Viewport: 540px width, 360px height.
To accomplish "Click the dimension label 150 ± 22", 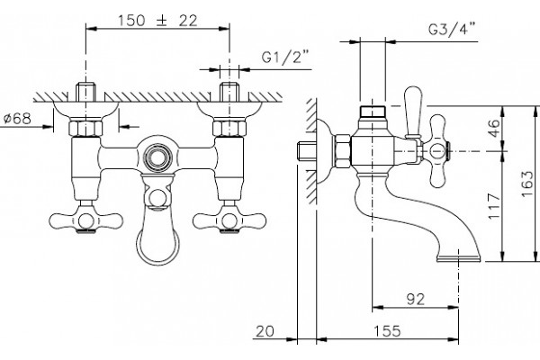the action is (157, 21).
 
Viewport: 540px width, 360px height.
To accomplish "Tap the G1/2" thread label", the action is (285, 58).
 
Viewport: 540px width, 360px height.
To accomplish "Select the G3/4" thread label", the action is (452, 29).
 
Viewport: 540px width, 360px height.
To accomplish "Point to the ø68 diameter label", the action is (18, 119).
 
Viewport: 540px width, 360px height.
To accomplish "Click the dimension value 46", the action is (494, 128).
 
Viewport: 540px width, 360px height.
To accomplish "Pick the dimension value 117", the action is (494, 206).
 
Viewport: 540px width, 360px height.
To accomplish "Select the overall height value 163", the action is (527, 184).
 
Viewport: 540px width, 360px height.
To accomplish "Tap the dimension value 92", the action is (416, 300).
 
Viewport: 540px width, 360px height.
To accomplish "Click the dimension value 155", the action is (387, 331).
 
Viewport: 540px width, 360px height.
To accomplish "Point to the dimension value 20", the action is (265, 331).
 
